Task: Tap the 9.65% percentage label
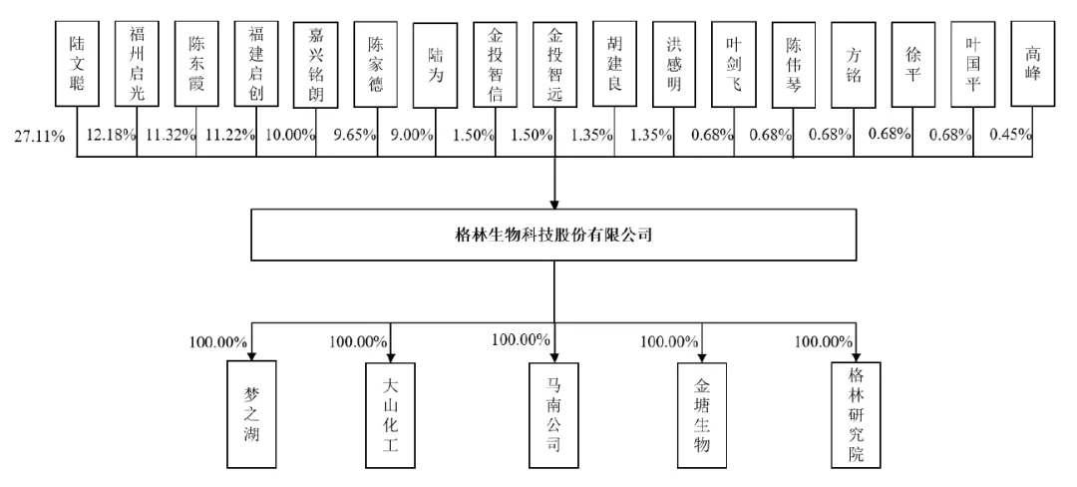pyautogui.click(x=348, y=135)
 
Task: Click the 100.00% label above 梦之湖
pyautogui.click(x=217, y=341)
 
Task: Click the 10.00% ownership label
pyautogui.click(x=288, y=135)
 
